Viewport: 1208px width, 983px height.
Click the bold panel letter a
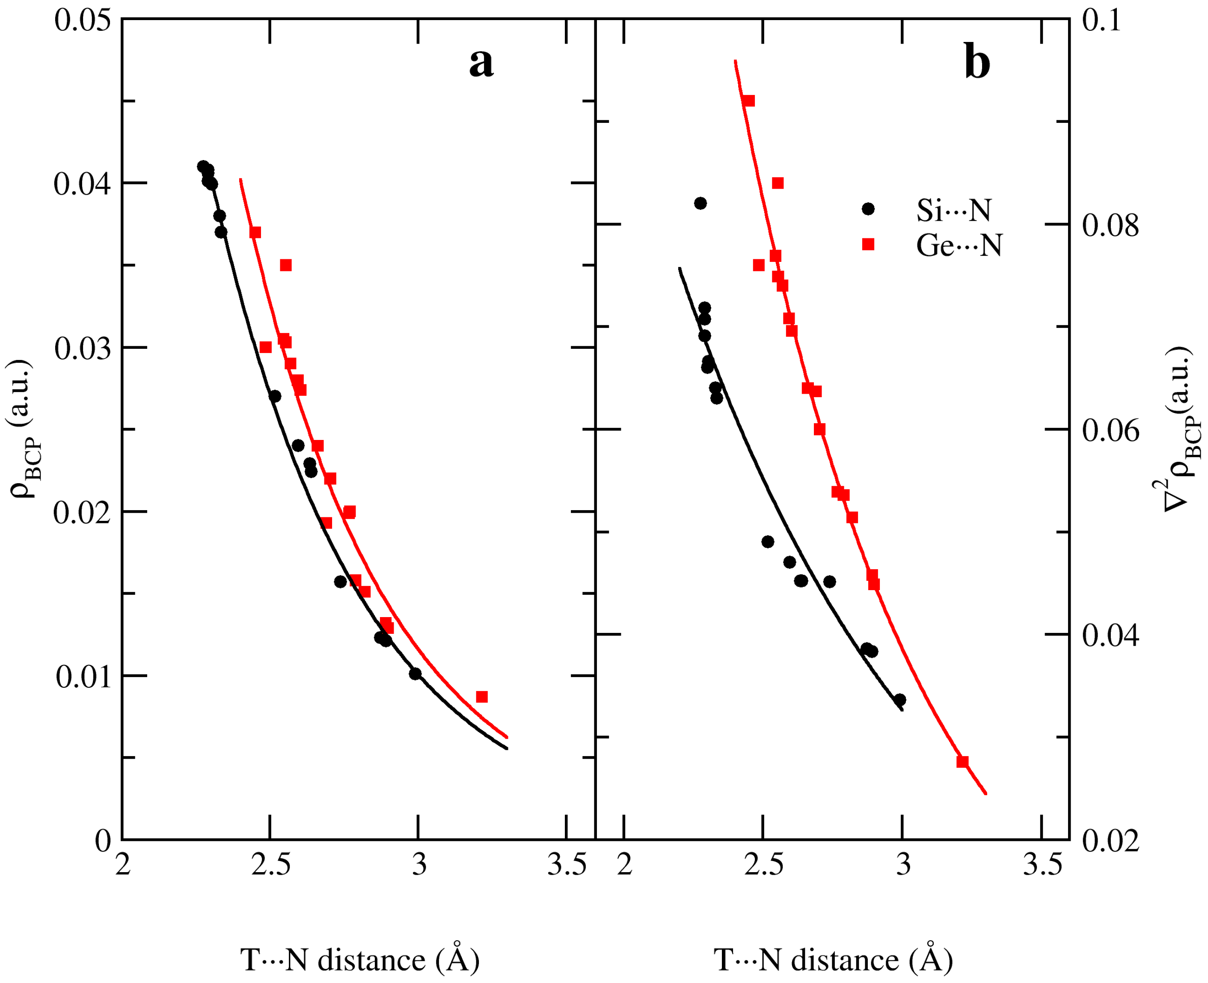[481, 63]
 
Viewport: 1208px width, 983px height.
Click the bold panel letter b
[976, 63]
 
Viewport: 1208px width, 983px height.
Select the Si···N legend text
[953, 210]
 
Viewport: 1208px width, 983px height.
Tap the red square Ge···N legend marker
[868, 244]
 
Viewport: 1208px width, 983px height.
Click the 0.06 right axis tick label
[1110, 431]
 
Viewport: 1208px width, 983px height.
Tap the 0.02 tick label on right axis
[1110, 841]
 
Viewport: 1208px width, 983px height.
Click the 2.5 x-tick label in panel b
[763, 866]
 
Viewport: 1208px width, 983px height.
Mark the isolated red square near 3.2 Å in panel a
[482, 696]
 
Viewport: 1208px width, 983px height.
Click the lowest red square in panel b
[962, 762]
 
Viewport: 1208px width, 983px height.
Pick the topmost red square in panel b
[749, 101]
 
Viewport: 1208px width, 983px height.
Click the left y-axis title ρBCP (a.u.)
[21, 429]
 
